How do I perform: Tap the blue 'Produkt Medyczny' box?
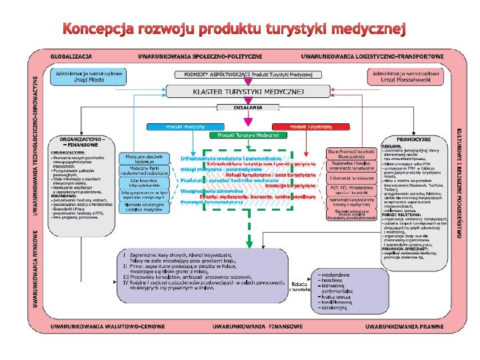point(175,125)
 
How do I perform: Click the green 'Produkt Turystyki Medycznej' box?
point(244,135)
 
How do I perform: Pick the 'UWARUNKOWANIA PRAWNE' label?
point(399,327)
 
